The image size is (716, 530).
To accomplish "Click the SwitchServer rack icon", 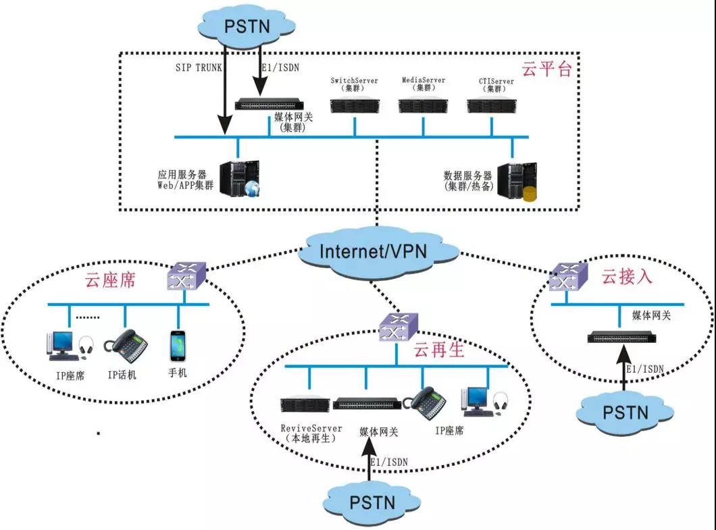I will tap(354, 105).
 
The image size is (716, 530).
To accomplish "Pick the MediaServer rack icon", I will tap(424, 105).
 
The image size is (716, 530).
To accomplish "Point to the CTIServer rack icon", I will tap(492, 105).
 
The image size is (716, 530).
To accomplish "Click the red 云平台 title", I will tap(547, 69).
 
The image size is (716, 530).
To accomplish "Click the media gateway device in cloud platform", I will tap(268, 104).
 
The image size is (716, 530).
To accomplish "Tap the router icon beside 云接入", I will tap(566, 276).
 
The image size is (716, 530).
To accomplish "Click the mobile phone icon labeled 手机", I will tap(177, 345).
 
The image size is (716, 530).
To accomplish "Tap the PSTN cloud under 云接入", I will tap(625, 411).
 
